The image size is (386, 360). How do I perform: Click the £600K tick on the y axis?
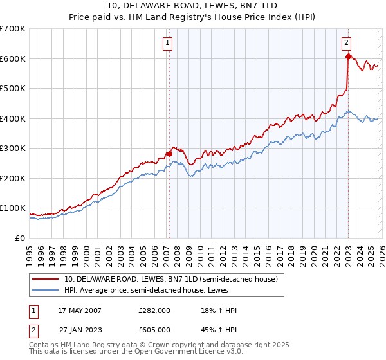[12, 59]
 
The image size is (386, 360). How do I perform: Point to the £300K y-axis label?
[12, 148]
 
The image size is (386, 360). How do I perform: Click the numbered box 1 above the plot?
[167, 43]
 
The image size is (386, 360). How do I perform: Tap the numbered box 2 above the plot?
[346, 43]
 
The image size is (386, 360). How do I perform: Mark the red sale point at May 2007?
[169, 154]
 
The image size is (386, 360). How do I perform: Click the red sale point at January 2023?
[348, 57]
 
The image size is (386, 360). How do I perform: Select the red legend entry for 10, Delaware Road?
[170, 279]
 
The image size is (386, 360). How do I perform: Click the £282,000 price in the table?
[154, 310]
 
